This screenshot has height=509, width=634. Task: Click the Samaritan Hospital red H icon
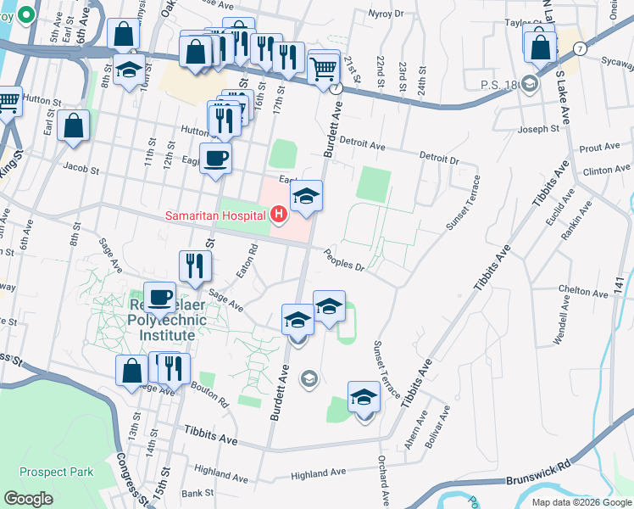coord(278,217)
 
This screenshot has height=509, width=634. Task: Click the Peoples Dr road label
coord(344,260)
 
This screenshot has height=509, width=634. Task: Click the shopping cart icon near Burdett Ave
coord(324,70)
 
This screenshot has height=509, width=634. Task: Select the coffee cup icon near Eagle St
coord(215,159)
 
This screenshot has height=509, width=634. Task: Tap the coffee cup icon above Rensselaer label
coord(159,298)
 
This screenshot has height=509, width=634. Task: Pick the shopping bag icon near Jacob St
coord(75,128)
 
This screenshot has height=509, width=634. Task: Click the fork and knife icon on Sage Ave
coord(195,268)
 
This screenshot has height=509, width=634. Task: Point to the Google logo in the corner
coord(28,498)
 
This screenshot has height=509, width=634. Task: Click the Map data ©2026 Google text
coord(581,502)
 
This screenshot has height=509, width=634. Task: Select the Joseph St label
coord(539,130)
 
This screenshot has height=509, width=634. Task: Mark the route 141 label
coord(620,287)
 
